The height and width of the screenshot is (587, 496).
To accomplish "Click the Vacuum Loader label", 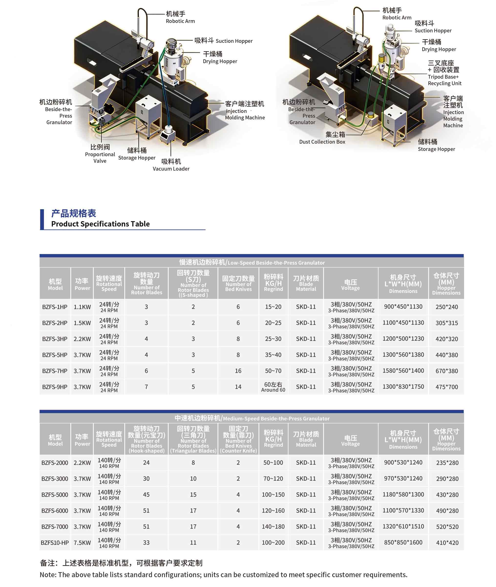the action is tap(171, 165).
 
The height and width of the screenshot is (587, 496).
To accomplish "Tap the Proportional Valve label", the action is tap(100, 154).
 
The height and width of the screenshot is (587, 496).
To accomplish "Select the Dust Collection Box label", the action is tap(322, 138).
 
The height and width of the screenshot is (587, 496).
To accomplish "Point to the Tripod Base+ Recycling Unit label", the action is tap(444, 73).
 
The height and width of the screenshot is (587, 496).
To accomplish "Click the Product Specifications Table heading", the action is tap(100, 219).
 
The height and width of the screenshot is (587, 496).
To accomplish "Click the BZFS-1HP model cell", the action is tap(55, 307).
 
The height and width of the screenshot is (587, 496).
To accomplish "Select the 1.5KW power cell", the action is tap(82, 323).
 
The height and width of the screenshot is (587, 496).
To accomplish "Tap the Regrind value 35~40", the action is tap(273, 355).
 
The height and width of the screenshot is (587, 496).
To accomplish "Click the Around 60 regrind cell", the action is tap(273, 387).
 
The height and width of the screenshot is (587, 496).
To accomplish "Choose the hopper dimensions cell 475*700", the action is tap(447, 387).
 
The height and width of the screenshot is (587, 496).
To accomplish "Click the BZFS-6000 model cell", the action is tap(55, 511).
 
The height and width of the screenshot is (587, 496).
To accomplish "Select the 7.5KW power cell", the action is tap(82, 543).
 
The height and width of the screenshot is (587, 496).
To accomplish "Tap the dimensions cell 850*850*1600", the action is tap(403, 542).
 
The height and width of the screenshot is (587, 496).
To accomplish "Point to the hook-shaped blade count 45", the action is tap(146, 494).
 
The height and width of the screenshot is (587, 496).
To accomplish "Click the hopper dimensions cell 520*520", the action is tap(447, 526).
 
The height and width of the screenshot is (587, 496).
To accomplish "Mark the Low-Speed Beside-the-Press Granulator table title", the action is tap(252, 262).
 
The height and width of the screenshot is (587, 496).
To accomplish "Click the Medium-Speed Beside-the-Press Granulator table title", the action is tap(252, 418).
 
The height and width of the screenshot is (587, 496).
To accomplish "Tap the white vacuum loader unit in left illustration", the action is tap(168, 134).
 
